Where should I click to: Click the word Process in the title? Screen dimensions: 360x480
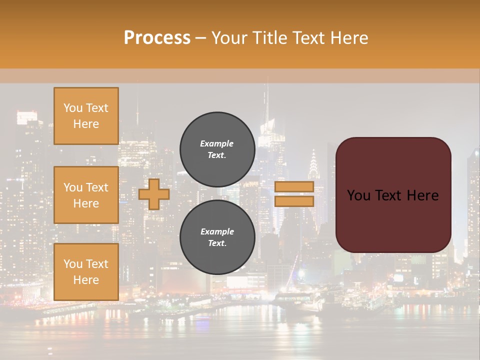coord(157,38)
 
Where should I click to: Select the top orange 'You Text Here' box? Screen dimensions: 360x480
coord(86,116)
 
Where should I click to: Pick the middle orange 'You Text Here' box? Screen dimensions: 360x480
coord(86,195)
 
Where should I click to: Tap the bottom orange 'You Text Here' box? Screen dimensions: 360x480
coord(86,272)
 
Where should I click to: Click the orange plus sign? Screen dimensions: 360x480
coord(154,194)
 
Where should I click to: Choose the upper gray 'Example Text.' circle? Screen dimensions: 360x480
coord(217,149)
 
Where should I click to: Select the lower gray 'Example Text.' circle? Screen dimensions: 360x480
coord(217,237)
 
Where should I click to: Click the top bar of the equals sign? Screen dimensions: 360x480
coord(294,186)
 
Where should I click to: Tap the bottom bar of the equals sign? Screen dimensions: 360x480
coord(294,201)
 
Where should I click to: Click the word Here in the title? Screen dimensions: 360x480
coord(349,38)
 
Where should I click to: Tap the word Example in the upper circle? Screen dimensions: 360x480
coord(217,143)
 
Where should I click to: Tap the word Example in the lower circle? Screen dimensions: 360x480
coord(217,231)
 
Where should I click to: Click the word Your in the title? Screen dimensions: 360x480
coord(228,38)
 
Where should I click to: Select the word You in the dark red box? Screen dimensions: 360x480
coord(358,195)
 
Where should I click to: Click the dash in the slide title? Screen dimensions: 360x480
coord(200,38)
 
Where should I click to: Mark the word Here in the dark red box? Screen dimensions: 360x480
coord(423,195)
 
